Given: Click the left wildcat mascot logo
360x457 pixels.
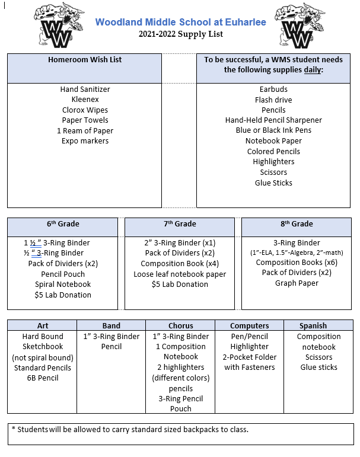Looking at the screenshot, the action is pyautogui.click(x=59, y=25).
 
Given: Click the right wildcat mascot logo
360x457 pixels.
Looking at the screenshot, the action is pyautogui.click(x=300, y=25).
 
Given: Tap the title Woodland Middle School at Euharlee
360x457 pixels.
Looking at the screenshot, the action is pyautogui.click(x=180, y=22).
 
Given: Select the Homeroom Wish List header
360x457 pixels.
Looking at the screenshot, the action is pyautogui.click(x=85, y=60).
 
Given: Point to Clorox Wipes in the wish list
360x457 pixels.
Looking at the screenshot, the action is pyautogui.click(x=85, y=110).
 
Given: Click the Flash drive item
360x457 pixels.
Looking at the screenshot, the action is pyautogui.click(x=273, y=100).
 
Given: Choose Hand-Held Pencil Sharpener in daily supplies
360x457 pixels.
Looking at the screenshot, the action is pyautogui.click(x=273, y=120).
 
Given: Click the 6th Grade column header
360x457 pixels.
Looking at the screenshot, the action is pyautogui.click(x=63, y=224).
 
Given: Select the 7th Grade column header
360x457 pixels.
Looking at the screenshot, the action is pyautogui.click(x=180, y=224).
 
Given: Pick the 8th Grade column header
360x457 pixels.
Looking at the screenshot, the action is pyautogui.click(x=297, y=224).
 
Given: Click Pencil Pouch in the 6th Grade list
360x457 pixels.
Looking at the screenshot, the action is pyautogui.click(x=63, y=274).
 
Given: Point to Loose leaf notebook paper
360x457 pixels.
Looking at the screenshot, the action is pyautogui.click(x=180, y=274).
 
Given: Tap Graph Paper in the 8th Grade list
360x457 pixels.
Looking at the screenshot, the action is pyautogui.click(x=297, y=283).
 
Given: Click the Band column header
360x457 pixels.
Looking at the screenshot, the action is pyautogui.click(x=111, y=325).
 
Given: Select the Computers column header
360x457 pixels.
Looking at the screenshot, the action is pyautogui.click(x=250, y=325).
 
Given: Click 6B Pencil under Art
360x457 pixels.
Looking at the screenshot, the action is pyautogui.click(x=43, y=378).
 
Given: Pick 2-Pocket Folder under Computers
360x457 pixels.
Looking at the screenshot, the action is pyautogui.click(x=250, y=357).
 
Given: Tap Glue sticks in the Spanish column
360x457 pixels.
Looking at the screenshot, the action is pyautogui.click(x=318, y=367).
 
